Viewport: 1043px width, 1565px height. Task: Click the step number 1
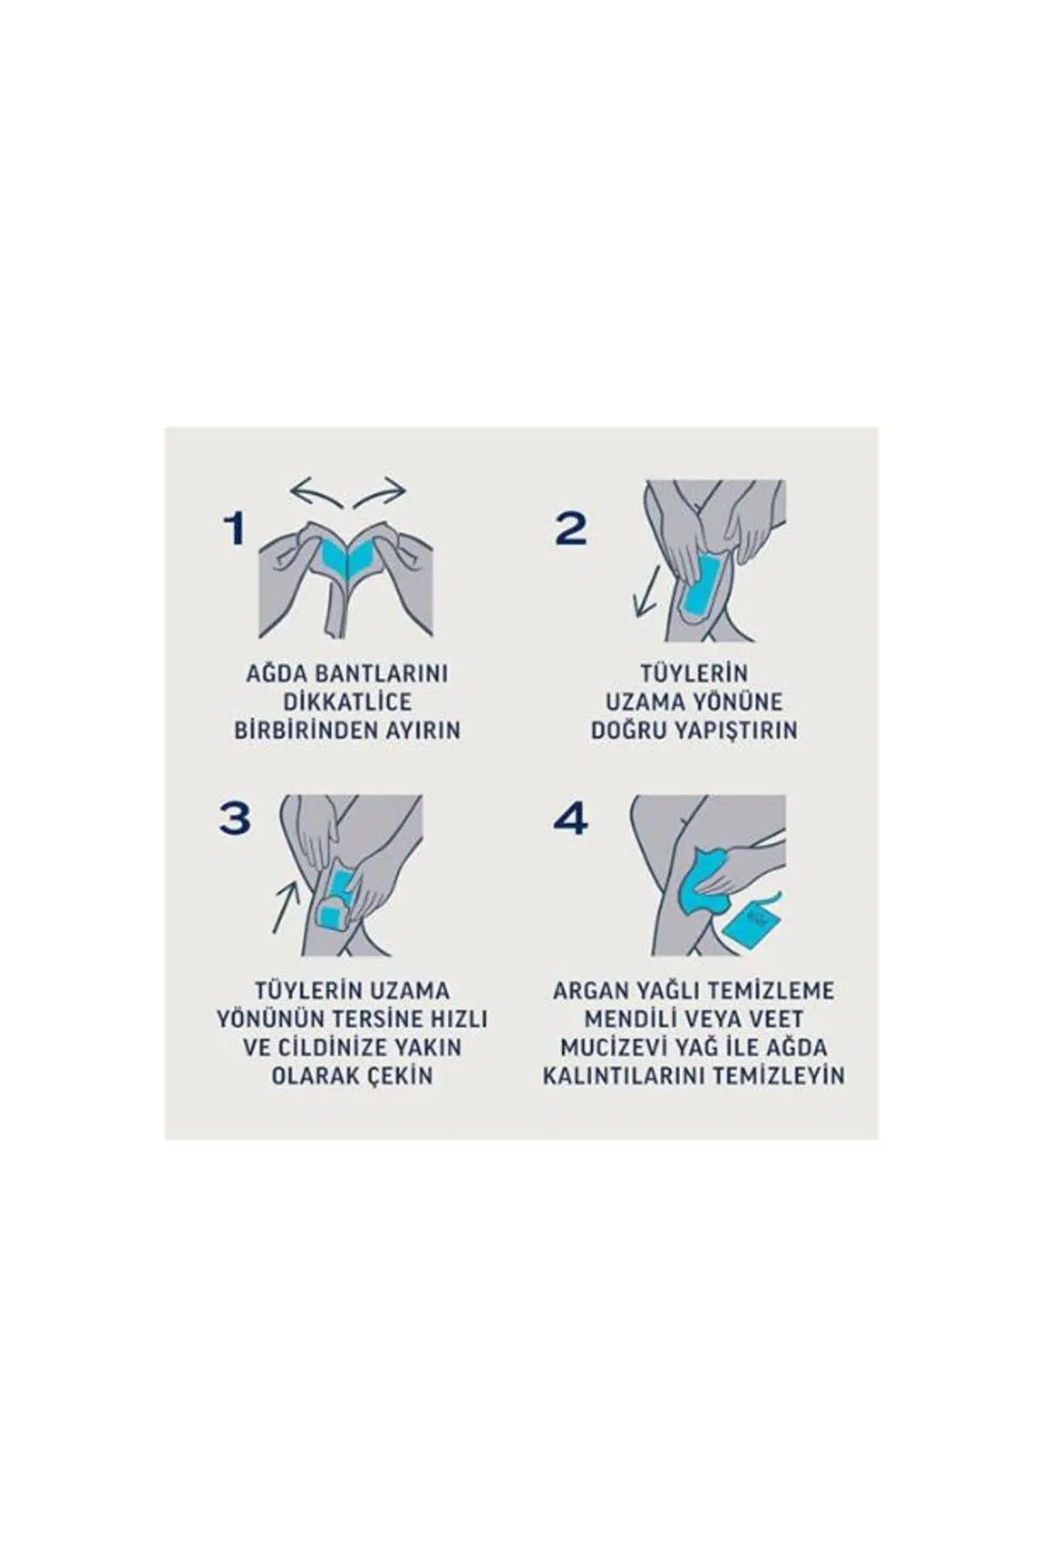[234, 528]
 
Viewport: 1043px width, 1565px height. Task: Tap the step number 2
[570, 528]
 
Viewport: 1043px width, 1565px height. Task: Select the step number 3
[234, 818]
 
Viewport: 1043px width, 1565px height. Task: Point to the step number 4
[570, 818]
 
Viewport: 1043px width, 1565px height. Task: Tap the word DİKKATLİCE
[348, 702]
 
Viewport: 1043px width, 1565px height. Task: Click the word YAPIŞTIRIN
[735, 729]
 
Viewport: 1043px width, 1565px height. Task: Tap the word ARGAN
[589, 991]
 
